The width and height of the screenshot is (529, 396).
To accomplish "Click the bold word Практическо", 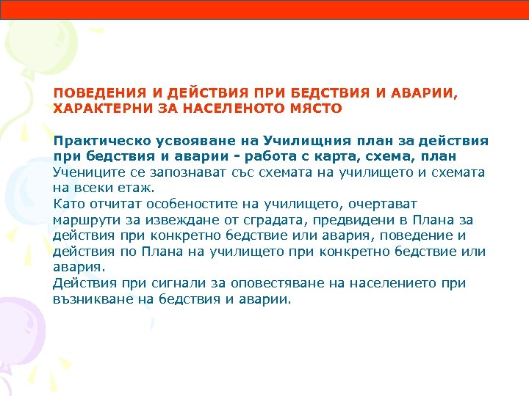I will [x=98, y=141].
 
